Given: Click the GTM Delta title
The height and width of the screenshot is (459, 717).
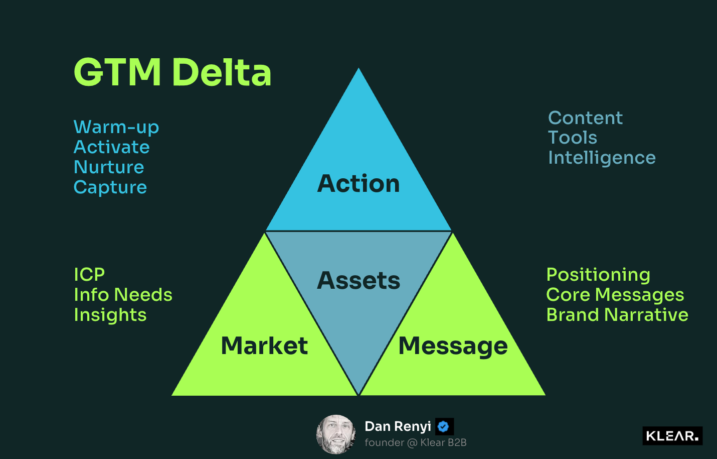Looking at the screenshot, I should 172,72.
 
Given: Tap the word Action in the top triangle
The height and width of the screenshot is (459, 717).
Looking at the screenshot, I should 358,183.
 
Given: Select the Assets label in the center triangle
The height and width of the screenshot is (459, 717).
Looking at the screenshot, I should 358,280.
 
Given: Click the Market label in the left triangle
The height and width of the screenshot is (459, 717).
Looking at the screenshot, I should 264,346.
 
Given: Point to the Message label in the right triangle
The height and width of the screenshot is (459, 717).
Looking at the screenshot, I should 453,346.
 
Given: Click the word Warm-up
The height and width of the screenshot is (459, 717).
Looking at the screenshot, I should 116,128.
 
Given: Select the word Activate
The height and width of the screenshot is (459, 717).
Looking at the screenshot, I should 111,147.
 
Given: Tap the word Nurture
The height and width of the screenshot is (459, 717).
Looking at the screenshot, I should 109,167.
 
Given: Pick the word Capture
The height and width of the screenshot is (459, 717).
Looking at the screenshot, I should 110,187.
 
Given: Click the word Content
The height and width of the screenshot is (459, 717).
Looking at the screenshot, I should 585,118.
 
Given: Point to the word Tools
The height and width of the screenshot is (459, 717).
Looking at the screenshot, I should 573,138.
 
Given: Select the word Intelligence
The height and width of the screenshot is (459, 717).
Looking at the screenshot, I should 602,158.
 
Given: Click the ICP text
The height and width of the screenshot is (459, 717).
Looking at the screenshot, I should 89,275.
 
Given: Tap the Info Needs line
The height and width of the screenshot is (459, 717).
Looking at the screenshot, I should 123,295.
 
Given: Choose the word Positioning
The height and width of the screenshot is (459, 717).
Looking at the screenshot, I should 598,275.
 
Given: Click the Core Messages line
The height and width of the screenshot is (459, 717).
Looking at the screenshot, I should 615,295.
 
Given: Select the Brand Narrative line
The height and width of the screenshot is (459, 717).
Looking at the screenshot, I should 617,315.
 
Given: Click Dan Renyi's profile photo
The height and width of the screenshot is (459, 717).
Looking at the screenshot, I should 336,434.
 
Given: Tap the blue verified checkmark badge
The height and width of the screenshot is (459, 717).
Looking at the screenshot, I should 444,426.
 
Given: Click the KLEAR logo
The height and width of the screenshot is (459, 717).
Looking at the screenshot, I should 672,436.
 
